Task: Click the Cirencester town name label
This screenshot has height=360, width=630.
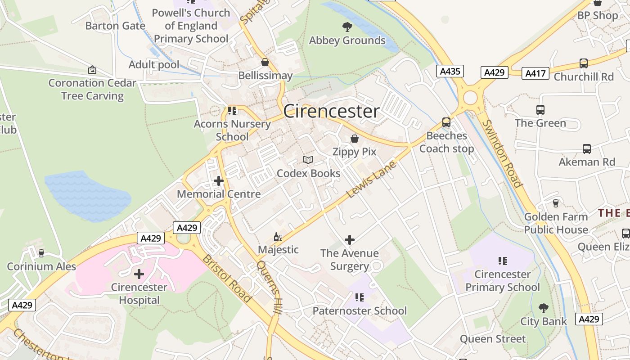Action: [x=331, y=112]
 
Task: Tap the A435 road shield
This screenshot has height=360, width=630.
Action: [x=450, y=71]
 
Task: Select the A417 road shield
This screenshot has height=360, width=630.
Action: [x=535, y=73]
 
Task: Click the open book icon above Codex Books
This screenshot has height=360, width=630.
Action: [x=308, y=160]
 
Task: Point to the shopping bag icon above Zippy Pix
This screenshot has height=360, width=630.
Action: [x=355, y=139]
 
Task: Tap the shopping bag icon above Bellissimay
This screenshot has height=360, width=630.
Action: [x=265, y=62]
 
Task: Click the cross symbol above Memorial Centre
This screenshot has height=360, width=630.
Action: [x=219, y=181]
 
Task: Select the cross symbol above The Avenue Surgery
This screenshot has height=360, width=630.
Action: [x=349, y=240]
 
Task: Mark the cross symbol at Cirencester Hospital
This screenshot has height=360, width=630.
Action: [x=139, y=274]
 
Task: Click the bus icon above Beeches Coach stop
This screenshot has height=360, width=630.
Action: [x=446, y=122]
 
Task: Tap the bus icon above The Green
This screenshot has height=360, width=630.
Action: [x=540, y=110]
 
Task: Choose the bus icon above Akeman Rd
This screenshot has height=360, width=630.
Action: [x=587, y=149]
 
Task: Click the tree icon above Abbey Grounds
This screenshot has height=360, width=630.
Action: [x=347, y=27]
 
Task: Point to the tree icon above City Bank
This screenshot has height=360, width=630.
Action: [x=544, y=308]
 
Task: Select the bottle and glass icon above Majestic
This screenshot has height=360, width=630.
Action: [x=278, y=237]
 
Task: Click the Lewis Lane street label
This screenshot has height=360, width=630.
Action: [x=372, y=179]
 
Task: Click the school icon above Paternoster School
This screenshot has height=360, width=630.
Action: [x=359, y=297]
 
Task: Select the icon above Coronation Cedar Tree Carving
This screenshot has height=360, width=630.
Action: [x=92, y=70]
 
